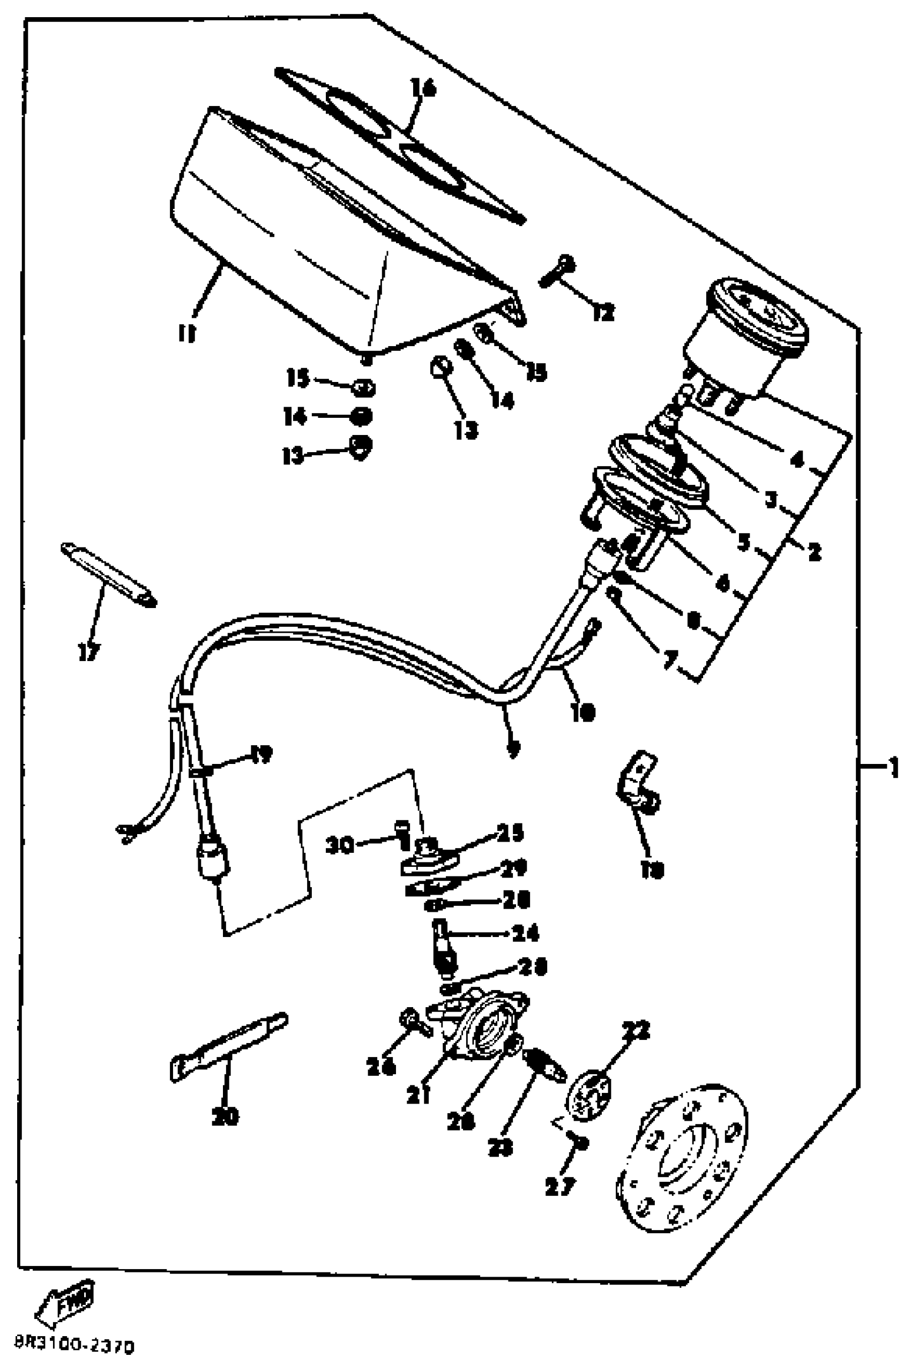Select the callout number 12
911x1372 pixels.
tap(603, 313)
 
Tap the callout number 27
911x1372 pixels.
tap(560, 1186)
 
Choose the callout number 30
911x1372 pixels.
tap(340, 845)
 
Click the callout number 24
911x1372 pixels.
tap(525, 933)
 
